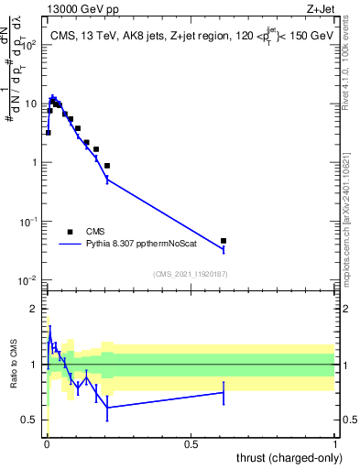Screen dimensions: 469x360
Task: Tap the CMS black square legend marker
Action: tap(71, 232)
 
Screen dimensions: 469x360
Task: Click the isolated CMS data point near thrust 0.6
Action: tap(224, 241)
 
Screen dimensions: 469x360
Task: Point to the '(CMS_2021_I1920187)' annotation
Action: tap(191, 273)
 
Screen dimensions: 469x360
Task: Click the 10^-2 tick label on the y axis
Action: tap(28, 280)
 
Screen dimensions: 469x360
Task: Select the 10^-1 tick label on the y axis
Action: tap(28, 222)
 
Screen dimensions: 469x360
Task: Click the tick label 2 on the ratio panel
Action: tap(36, 309)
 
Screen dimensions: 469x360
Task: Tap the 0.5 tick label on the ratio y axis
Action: tap(32, 420)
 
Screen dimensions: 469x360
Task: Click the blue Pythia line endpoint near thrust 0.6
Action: tap(224, 249)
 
